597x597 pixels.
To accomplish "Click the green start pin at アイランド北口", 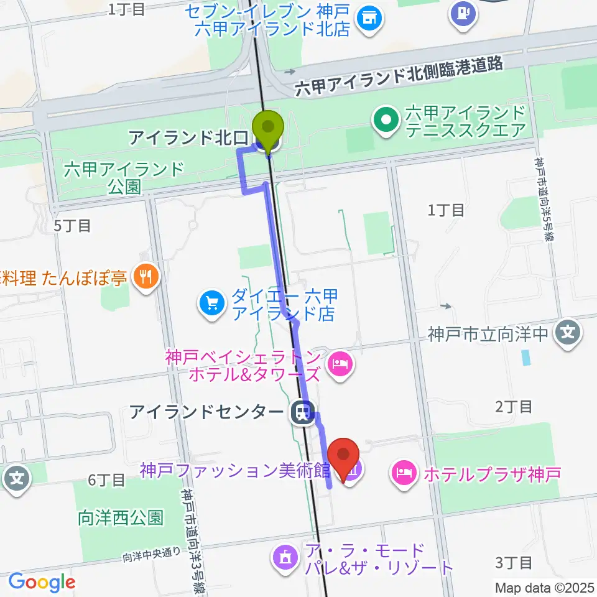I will point(269,127).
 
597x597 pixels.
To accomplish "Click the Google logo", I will point(42,582).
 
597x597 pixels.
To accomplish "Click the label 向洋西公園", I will point(121,518).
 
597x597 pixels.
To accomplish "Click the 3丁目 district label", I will point(514,563).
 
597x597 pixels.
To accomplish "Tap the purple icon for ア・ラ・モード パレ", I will point(285,555).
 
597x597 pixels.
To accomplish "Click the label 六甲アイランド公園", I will point(124,177).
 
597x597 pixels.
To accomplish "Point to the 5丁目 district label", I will point(72,226).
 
